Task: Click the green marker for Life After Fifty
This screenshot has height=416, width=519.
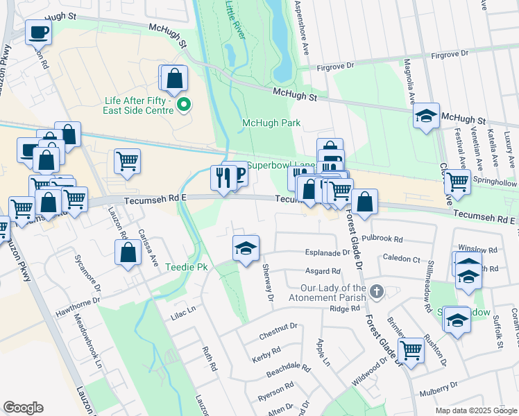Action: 184,105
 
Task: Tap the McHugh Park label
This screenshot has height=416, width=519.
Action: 270,123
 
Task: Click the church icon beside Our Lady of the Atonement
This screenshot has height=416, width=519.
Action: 376,291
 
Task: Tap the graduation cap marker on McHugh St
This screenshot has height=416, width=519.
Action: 425,116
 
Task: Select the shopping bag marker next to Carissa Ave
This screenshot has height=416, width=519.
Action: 128,253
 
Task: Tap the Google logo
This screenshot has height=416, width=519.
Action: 23,408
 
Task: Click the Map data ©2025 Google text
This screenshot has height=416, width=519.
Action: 475,410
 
